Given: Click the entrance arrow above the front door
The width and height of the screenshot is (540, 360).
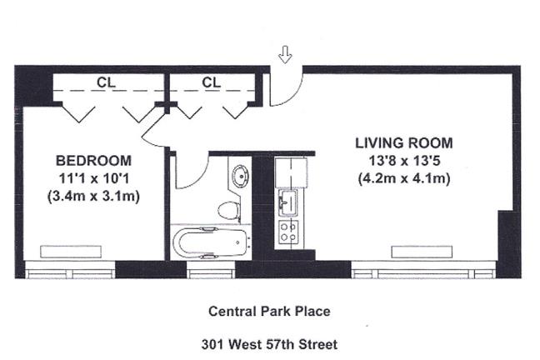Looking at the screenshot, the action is [285, 55].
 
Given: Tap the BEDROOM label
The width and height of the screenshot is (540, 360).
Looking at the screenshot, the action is [93, 161].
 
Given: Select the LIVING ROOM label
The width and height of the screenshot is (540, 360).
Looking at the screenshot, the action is [404, 143].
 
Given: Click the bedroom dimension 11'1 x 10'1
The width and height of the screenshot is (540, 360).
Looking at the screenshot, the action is [93, 179].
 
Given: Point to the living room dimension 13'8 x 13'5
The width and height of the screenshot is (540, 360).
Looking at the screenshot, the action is [404, 161].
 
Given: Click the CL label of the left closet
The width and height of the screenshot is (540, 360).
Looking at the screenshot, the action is [106, 82].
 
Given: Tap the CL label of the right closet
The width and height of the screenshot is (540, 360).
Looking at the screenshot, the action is [211, 82].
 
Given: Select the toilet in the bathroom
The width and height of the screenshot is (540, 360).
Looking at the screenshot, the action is [229, 211].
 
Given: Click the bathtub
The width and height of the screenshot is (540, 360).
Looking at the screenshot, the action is [210, 242].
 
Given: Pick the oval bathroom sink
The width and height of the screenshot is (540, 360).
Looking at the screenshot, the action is [241, 176].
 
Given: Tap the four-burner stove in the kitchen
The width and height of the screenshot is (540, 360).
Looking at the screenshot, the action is [288, 232].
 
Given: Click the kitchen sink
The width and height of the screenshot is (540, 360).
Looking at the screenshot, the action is [287, 202].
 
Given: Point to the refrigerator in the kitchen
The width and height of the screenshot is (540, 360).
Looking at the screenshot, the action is [291, 172].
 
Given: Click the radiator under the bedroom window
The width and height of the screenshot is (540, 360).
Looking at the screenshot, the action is [71, 252].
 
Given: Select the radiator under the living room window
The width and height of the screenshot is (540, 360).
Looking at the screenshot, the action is [422, 252].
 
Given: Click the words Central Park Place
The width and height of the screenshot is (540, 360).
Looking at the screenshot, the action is [270, 312].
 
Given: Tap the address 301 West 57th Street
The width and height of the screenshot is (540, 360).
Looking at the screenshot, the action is [270, 344].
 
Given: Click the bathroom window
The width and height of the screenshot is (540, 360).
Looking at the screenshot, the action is [211, 270].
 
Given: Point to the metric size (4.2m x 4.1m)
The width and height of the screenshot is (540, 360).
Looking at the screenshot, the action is [404, 179].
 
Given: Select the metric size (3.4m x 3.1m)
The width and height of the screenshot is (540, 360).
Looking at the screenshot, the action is [93, 197].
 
